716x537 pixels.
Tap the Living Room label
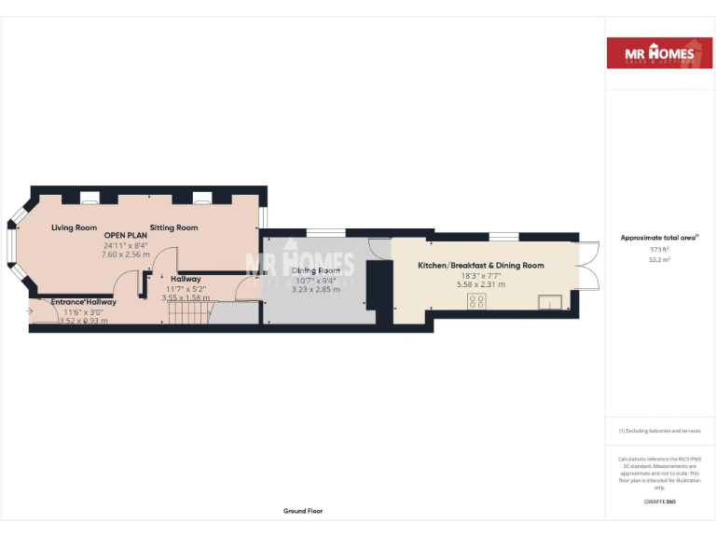pyautogui.click(x=75, y=227)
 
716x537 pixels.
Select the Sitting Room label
pyautogui.click(x=174, y=227)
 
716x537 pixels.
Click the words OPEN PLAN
pyautogui.click(x=126, y=235)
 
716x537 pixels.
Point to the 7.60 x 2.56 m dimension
pyautogui.click(x=126, y=254)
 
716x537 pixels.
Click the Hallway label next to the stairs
pyautogui.click(x=186, y=279)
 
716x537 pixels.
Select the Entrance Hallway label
pyautogui.click(x=84, y=302)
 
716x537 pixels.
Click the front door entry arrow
pyautogui.click(x=30, y=310)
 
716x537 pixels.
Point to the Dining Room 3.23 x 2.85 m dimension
pyautogui.click(x=317, y=290)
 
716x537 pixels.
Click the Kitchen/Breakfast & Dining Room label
pyautogui.click(x=481, y=266)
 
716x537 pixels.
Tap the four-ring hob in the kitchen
pyautogui.click(x=477, y=301)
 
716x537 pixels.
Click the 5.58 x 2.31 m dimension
pyautogui.click(x=481, y=284)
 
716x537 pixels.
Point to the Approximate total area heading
pyautogui.click(x=659, y=239)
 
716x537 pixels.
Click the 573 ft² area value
pyautogui.click(x=659, y=250)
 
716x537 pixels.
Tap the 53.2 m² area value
pyautogui.click(x=659, y=260)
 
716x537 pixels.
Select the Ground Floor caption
pyautogui.click(x=303, y=511)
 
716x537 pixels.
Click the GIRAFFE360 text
pyautogui.click(x=659, y=502)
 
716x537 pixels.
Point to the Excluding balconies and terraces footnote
pyautogui.click(x=659, y=431)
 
